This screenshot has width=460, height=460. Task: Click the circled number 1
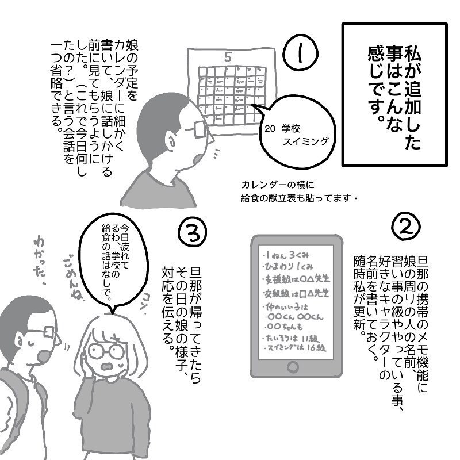pos(300,54)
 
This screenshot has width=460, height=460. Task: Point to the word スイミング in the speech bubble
pos(306,141)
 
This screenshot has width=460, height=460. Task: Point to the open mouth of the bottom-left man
pos(41,355)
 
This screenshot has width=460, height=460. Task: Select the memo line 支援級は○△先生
pos(293,279)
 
